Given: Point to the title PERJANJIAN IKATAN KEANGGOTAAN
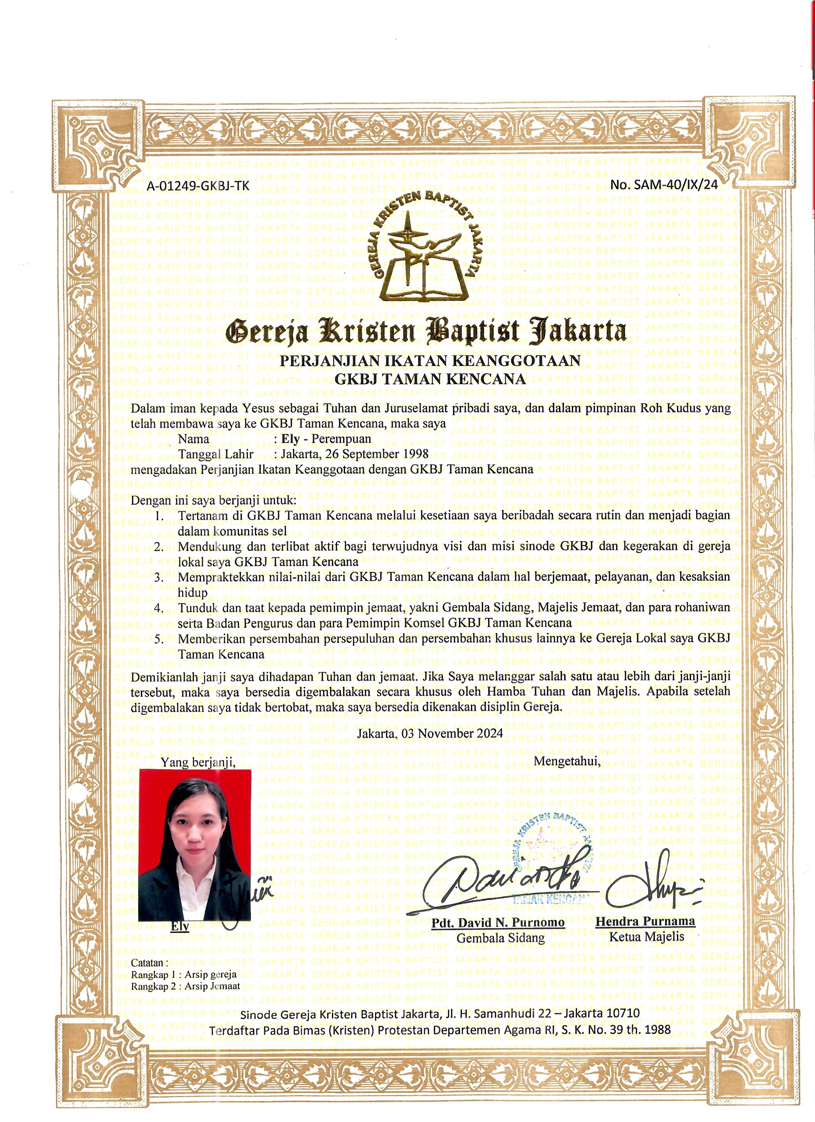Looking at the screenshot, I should click(430, 360).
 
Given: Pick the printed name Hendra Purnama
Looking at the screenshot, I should click(645, 921).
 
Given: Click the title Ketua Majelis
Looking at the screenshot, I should click(646, 937).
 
